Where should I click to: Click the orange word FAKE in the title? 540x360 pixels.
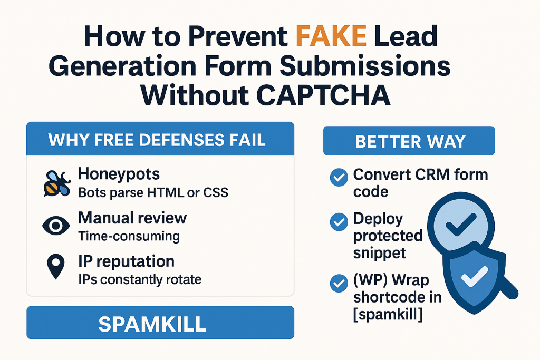click(x=331, y=36)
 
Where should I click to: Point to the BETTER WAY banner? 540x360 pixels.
click(x=409, y=141)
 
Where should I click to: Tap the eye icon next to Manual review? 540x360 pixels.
click(x=56, y=226)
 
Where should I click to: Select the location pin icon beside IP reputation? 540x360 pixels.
click(x=56, y=266)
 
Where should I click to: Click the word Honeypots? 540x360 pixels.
click(x=119, y=174)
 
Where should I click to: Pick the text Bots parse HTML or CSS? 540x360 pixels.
click(x=153, y=193)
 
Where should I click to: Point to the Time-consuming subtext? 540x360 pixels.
click(x=129, y=236)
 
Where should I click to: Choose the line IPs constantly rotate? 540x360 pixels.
click(x=140, y=279)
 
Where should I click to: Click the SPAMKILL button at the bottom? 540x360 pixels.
click(x=160, y=323)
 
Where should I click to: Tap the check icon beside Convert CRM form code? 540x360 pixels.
click(x=339, y=177)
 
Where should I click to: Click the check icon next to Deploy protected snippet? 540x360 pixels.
click(x=339, y=222)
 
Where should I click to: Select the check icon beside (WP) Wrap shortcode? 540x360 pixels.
click(x=339, y=283)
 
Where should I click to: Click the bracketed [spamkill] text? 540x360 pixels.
click(x=388, y=315)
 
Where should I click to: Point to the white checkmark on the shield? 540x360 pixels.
click(x=475, y=276)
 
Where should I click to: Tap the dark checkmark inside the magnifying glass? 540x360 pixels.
click(x=461, y=225)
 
